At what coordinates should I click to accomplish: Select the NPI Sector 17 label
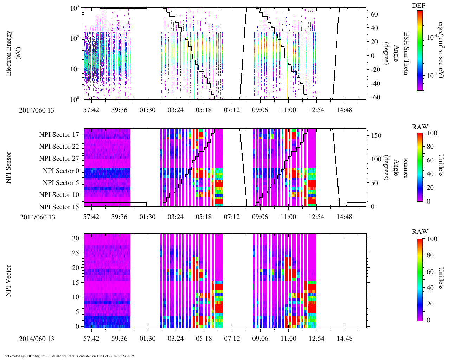[59, 135]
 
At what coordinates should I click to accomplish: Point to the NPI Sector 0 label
[61, 171]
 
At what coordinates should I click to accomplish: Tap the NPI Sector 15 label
[59, 207]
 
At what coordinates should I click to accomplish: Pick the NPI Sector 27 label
[59, 159]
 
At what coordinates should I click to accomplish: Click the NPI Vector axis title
[8, 281]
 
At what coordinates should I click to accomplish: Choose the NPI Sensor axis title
[8, 167]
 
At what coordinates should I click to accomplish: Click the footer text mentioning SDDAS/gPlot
[69, 356]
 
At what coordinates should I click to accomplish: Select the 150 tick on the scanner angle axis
[376, 135]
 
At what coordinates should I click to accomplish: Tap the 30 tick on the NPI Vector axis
[76, 238]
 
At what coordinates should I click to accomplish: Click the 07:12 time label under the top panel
[232, 110]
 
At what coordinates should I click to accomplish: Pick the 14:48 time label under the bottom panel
[344, 339]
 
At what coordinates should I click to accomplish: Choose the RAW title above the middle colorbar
[420, 127]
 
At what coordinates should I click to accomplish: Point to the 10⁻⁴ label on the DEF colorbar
[431, 37]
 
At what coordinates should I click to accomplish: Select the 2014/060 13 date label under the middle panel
[38, 217]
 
